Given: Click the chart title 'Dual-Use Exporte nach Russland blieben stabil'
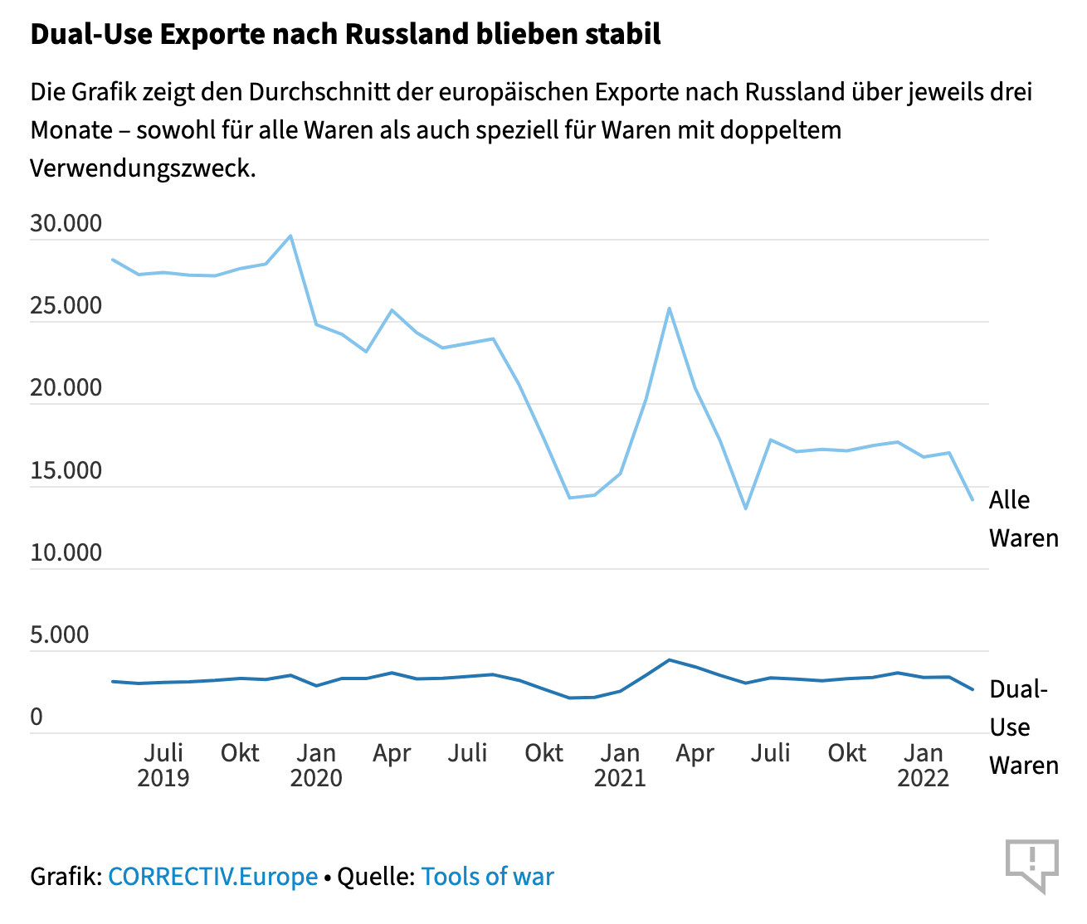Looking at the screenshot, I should coord(345,34).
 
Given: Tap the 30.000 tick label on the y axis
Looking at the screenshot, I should coord(66,223).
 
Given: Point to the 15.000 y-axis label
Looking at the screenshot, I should coord(66,470).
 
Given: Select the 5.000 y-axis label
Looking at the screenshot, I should coord(59,635).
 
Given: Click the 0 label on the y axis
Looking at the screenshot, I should coord(37,717).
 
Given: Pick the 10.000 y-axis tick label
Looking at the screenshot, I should coord(66,552).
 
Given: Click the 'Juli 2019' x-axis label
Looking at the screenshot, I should coord(163,765).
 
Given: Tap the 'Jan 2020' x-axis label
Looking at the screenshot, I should coord(316,765).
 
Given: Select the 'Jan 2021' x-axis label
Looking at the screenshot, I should coord(620,765).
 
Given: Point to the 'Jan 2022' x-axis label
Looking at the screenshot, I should coord(924,765).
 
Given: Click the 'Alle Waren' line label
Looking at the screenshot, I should coord(1023,519).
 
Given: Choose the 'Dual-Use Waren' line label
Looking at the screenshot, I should coord(1023,727).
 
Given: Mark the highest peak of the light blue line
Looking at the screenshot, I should coord(290,236).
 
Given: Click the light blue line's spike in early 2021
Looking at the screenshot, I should coord(669,309).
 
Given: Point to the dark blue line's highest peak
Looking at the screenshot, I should coord(669,660).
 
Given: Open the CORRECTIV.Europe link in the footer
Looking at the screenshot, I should coord(213,877).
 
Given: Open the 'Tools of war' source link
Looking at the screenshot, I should coord(487,877).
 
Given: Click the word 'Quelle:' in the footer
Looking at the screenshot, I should coord(376,877).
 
